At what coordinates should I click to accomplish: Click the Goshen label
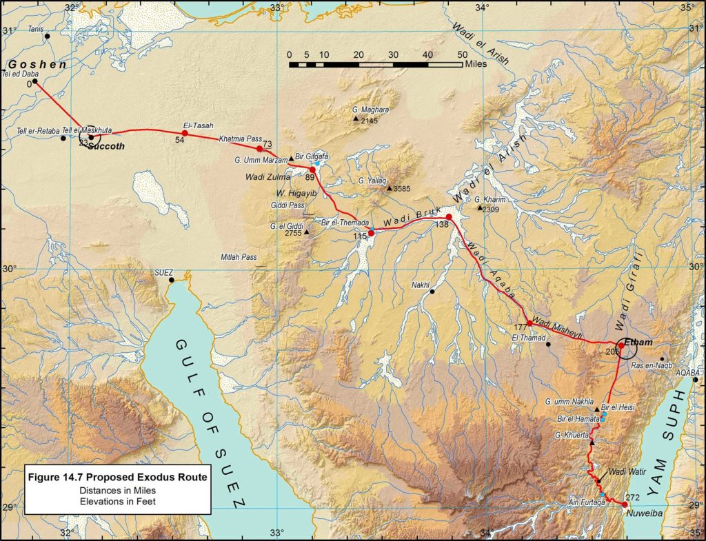point(37,64)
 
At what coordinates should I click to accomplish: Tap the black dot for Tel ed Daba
point(34,81)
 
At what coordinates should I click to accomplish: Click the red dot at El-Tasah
point(185,133)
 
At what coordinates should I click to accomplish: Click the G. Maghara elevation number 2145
point(370,121)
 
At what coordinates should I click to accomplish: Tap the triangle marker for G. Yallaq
point(389,188)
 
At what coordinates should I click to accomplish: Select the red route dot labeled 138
point(448,217)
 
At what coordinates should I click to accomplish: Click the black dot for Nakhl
point(432,292)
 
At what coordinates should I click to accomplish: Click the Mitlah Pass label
point(239,257)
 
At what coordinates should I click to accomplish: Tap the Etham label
point(637,343)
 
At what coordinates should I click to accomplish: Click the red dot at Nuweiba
point(625,504)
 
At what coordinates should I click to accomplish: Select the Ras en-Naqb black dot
point(662,358)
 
